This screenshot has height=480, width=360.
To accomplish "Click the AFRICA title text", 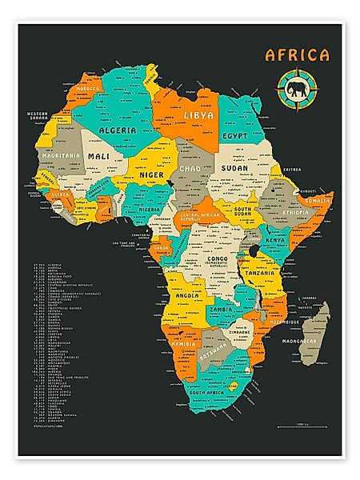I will (297, 55).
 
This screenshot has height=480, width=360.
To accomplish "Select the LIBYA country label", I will (199, 116).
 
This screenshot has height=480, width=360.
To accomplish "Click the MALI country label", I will (100, 156).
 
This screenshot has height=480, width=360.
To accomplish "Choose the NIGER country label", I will (151, 174).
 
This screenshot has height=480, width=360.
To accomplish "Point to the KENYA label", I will (275, 239).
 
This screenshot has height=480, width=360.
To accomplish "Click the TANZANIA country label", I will (260, 273).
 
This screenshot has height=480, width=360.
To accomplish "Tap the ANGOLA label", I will (188, 295).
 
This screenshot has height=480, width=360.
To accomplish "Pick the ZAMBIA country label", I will (221, 309).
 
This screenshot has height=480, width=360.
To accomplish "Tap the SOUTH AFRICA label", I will (210, 394).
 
